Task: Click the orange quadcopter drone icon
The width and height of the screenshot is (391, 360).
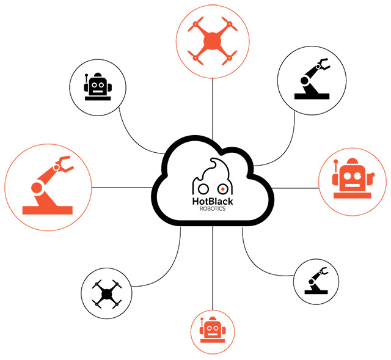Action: [212, 42]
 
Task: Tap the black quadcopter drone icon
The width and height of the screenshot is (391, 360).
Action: [107, 294]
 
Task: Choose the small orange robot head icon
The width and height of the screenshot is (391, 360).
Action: [212, 332]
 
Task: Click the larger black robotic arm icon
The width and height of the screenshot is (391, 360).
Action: [312, 79]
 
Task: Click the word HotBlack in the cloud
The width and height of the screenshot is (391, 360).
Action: [212, 199]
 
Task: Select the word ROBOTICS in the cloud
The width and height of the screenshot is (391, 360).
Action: [212, 208]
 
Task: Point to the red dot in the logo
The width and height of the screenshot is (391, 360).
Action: [224, 188]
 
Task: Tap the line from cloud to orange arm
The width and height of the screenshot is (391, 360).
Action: [122, 186]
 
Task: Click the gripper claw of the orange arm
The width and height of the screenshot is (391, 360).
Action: [62, 164]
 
